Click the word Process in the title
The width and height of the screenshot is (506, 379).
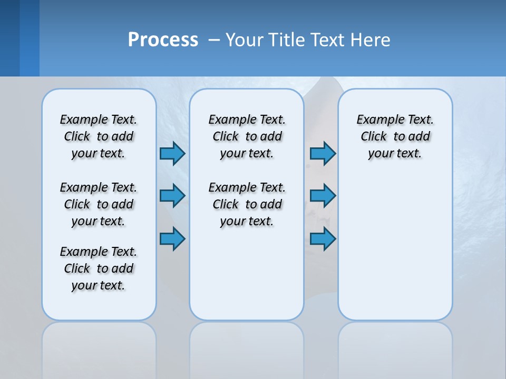[x=163, y=39]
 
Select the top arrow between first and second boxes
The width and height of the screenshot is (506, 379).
[x=172, y=153]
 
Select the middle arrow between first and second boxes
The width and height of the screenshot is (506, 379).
[x=172, y=196]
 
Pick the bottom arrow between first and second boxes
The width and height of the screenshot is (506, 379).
[x=172, y=238]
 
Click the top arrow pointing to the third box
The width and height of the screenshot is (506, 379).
[x=323, y=153]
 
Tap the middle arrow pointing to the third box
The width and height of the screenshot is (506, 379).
[x=323, y=196]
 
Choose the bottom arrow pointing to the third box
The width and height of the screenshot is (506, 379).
[x=323, y=238]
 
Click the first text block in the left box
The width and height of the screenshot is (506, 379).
[x=99, y=136]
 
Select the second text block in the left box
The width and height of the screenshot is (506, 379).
[x=99, y=204]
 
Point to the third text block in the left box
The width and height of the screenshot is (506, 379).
[x=99, y=268]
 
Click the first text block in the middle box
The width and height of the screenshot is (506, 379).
[x=247, y=136]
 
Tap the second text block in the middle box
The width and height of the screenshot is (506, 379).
[x=247, y=204]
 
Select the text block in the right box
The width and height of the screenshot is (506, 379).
[x=395, y=136]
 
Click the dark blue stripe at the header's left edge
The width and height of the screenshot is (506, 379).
[x=9, y=38]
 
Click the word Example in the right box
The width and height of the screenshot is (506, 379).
[x=376, y=120]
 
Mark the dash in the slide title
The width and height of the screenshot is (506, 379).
[x=214, y=39]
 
